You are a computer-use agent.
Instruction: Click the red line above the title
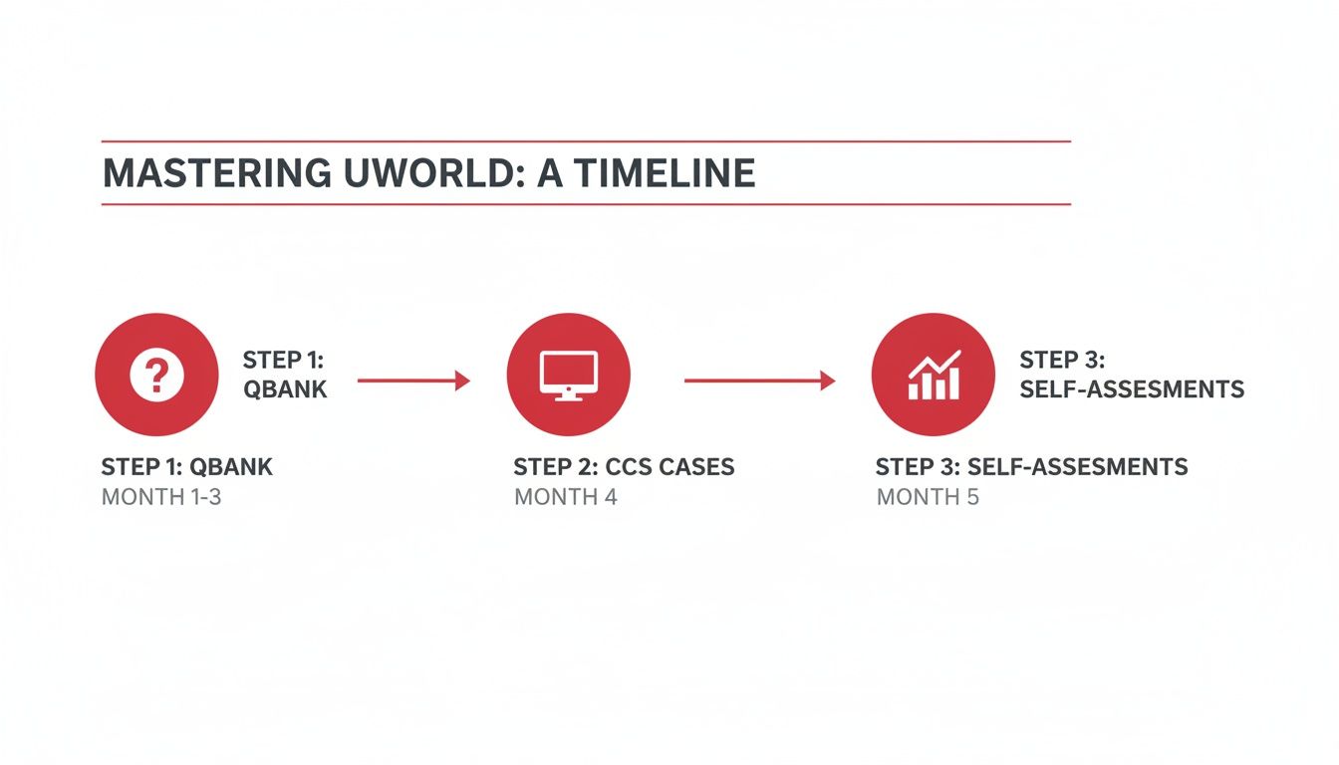pyautogui.click(x=586, y=141)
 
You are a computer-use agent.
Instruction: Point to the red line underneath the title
pyautogui.click(x=586, y=205)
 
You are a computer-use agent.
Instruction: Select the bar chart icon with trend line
pyautogui.click(x=934, y=377)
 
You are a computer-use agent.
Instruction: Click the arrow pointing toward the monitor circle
pyautogui.click(x=412, y=380)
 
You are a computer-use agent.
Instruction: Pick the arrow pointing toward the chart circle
pyautogui.click(x=759, y=380)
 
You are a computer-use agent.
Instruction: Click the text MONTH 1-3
pyautogui.click(x=161, y=496)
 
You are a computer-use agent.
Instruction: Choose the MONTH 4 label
pyautogui.click(x=566, y=496)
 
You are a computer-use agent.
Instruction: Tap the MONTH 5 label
pyautogui.click(x=928, y=496)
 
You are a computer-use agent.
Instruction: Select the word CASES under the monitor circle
pyautogui.click(x=699, y=467)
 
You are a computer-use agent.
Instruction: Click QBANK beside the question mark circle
pyautogui.click(x=285, y=389)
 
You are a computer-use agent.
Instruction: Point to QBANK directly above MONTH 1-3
pyautogui.click(x=231, y=467)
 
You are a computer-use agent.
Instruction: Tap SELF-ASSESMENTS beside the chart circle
pyautogui.click(x=1132, y=389)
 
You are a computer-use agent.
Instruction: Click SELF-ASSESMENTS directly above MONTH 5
pyautogui.click(x=1078, y=467)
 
